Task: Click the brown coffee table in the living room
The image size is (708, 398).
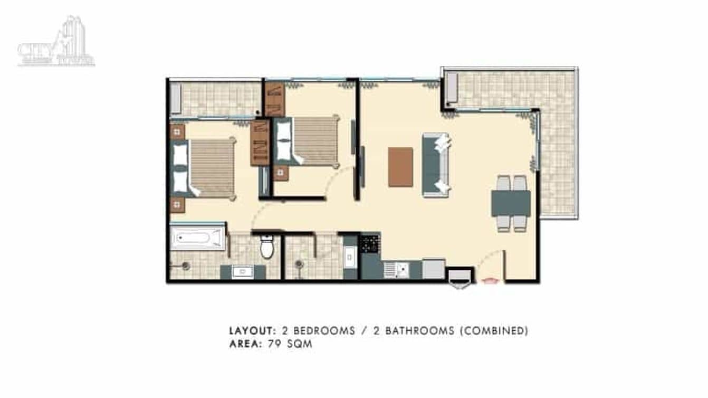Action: [400, 167]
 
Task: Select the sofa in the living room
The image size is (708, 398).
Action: [435, 165]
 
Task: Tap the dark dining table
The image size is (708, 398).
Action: [511, 203]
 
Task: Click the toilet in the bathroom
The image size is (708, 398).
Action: [267, 247]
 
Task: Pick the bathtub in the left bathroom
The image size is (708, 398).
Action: [197, 238]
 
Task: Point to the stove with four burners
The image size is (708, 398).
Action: [370, 243]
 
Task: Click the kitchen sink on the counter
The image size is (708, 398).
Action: [396, 270]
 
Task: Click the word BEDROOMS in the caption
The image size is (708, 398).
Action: [324, 331]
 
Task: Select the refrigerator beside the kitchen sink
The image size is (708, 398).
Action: [434, 269]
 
